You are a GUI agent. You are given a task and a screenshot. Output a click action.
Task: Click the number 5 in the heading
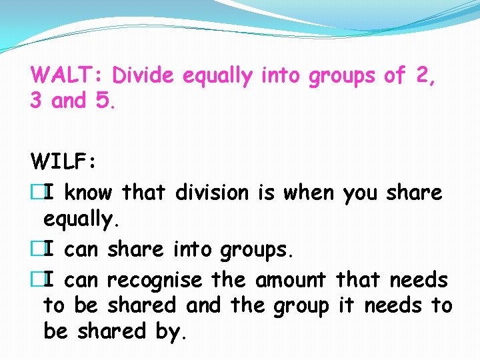coord(103,101)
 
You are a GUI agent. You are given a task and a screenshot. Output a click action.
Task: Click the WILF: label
coord(64,161)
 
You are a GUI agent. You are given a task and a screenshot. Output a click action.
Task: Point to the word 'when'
coord(308,193)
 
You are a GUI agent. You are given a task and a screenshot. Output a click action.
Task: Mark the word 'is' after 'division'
coord(266,193)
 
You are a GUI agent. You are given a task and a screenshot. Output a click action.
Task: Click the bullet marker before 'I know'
coord(37,193)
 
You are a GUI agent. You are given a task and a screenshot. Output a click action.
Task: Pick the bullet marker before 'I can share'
coord(37,249)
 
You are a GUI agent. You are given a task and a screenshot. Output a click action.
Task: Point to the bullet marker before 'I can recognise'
coord(37,280)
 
